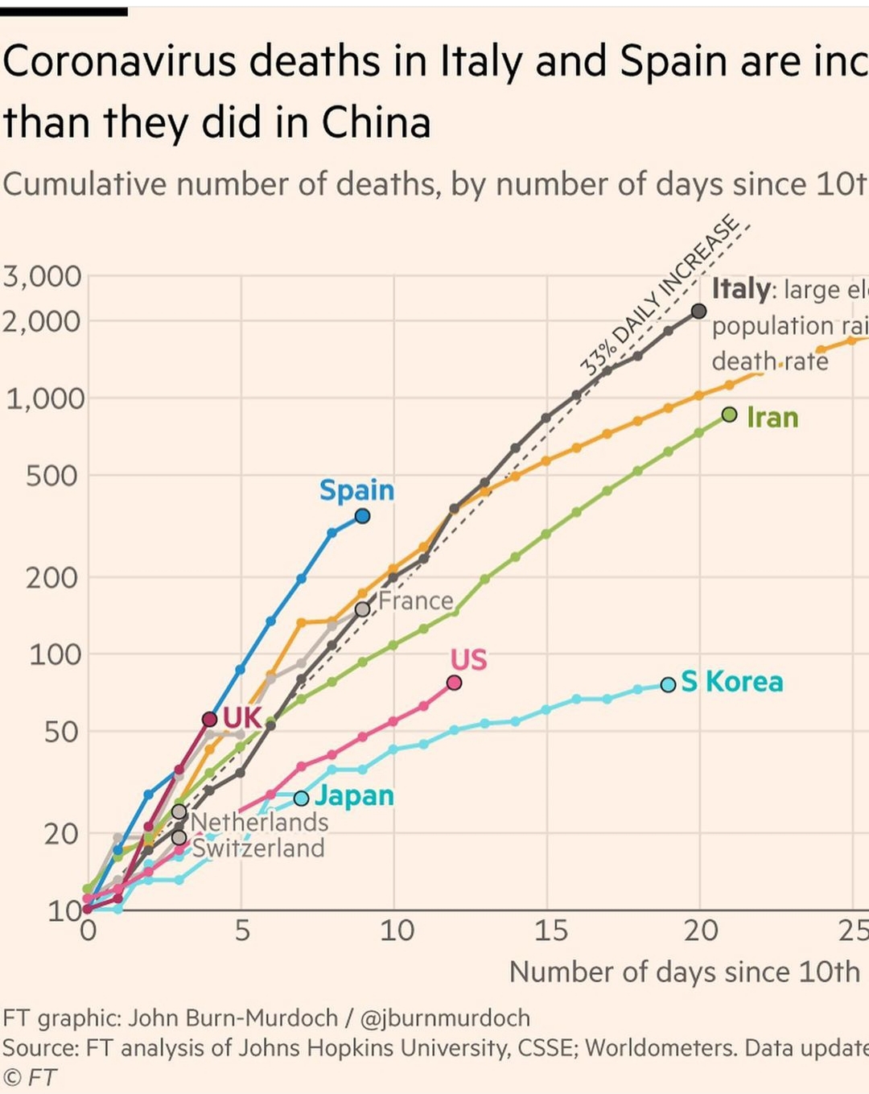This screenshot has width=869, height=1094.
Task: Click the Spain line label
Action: [x=356, y=490]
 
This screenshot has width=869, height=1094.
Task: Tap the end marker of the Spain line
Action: [x=363, y=516]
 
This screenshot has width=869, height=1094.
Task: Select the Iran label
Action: [x=772, y=418]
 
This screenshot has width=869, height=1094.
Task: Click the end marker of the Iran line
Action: [x=730, y=415]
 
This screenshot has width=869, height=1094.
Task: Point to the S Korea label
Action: [x=731, y=682]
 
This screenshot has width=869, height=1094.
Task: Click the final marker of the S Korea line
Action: [x=669, y=684]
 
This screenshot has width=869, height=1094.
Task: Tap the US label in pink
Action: [x=468, y=660]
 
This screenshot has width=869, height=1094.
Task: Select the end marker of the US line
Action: [x=454, y=683]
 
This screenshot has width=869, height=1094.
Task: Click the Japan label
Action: [x=354, y=795]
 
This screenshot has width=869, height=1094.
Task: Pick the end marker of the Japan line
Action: [x=301, y=799]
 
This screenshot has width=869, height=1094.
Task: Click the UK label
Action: [x=241, y=717]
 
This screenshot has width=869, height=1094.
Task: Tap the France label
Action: [x=416, y=601]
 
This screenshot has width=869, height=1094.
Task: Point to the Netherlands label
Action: [x=259, y=822]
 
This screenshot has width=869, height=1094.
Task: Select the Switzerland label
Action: [x=257, y=848]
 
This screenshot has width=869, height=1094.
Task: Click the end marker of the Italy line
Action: [x=699, y=312]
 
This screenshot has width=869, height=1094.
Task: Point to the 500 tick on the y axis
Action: [x=53, y=476]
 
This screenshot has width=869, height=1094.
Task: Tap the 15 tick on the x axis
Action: [x=550, y=931]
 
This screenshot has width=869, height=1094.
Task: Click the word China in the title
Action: [x=376, y=123]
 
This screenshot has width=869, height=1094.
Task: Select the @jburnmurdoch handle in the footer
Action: [x=445, y=1018]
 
